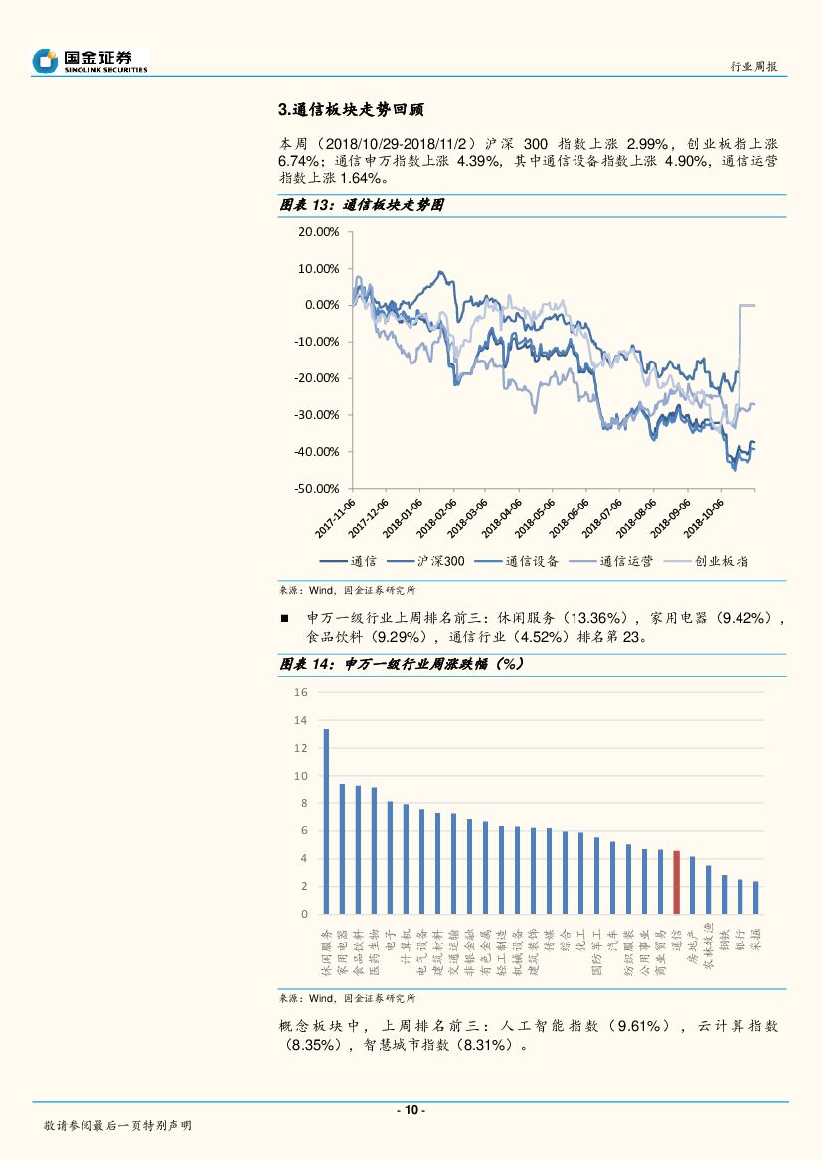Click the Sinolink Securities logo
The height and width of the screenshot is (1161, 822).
89,61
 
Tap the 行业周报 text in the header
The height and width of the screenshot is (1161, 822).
753,66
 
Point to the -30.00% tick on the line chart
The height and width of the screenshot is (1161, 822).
318,415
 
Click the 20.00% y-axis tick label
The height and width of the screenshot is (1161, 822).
319,231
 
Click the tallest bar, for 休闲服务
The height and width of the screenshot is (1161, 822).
326,820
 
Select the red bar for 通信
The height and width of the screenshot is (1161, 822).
676,882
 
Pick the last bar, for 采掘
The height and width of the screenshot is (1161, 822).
755,897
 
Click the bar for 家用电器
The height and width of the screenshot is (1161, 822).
342,848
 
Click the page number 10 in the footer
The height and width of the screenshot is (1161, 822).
411,1110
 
